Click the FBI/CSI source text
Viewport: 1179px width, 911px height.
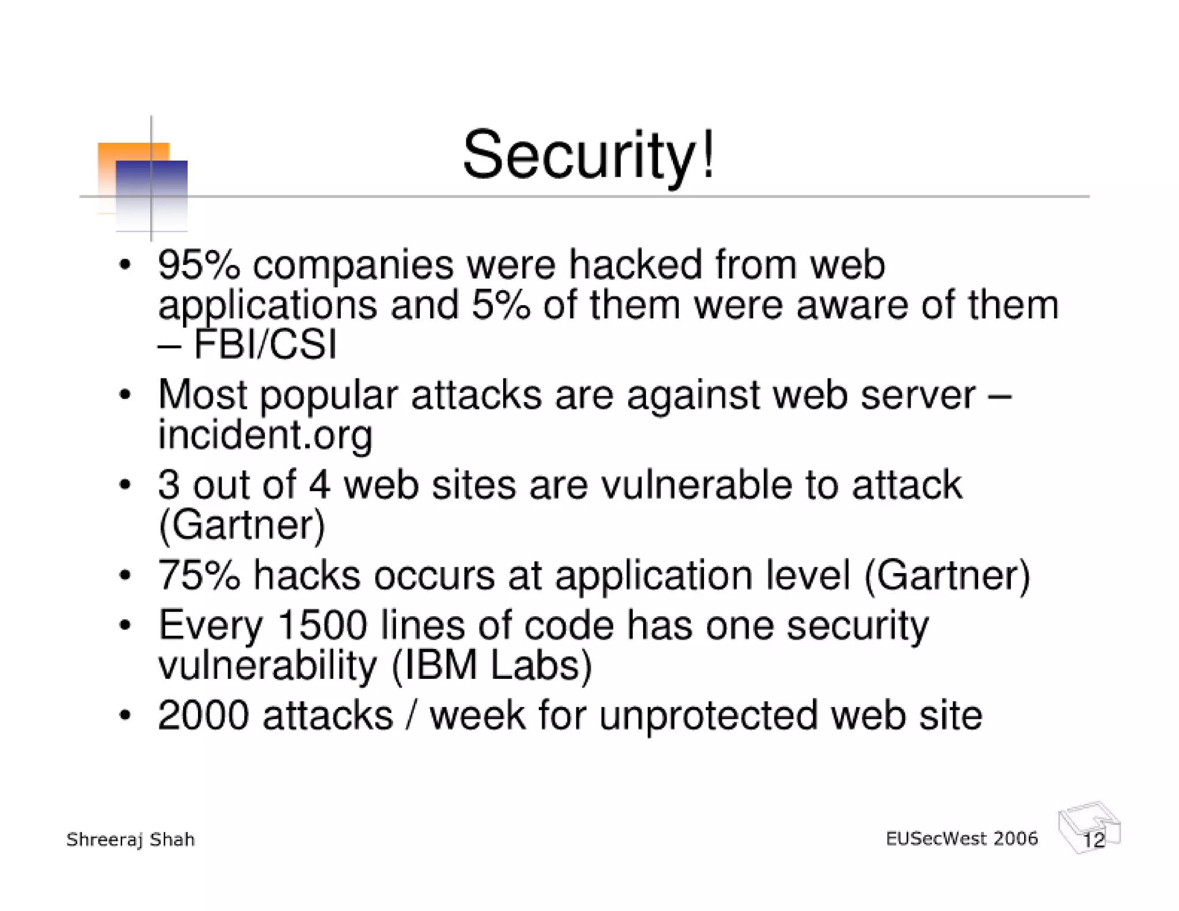[265, 344]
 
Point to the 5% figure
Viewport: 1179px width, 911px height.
[500, 305]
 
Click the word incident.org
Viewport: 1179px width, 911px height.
[265, 434]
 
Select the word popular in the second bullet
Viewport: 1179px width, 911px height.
[329, 396]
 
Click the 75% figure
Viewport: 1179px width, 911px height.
[199, 575]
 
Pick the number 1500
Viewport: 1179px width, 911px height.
[321, 625]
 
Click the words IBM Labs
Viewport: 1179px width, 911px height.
[492, 666]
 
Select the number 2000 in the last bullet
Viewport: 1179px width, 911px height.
[203, 716]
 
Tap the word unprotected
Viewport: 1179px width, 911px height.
[708, 716]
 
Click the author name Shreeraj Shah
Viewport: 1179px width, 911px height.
[131, 840]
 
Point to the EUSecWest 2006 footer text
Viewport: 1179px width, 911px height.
[961, 838]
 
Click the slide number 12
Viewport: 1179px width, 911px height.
[1093, 840]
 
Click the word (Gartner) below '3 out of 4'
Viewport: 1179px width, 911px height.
[242, 525]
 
